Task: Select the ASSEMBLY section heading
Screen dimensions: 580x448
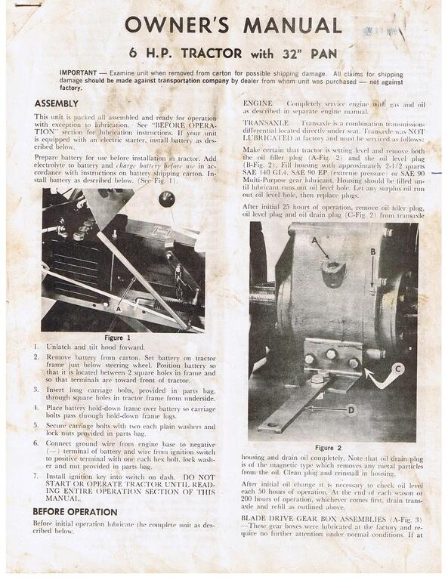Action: click(x=56, y=103)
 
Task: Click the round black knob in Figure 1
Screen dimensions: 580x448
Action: click(x=166, y=199)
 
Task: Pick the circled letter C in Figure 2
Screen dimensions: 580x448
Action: click(x=397, y=369)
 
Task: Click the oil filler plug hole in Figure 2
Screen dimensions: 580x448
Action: click(x=333, y=267)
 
